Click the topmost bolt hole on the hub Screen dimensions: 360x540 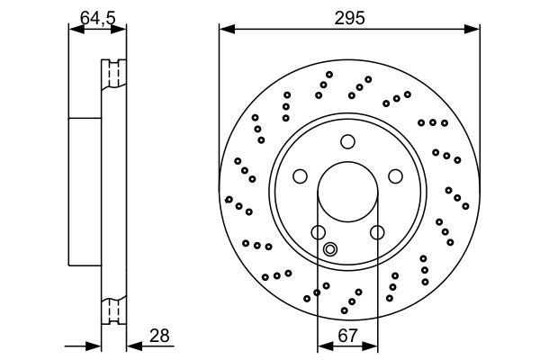coord(348,140)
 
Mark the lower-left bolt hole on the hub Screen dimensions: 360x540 coord(319,232)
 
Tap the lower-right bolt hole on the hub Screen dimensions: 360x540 coord(377,232)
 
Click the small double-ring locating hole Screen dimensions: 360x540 coord(330,250)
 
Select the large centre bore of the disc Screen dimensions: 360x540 coord(348,191)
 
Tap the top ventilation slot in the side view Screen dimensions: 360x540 coord(114,73)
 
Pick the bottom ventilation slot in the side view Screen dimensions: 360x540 coord(114,310)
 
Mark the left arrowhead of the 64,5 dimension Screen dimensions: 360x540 coord(75,31)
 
